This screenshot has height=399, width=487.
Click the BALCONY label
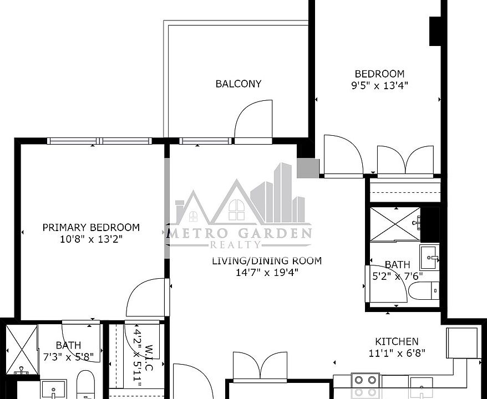point(239,84)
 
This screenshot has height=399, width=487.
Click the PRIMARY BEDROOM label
point(91,227)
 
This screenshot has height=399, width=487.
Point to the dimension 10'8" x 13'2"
point(91,239)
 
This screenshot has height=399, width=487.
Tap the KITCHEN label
point(397,341)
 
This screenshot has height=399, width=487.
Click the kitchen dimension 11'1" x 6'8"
point(397,352)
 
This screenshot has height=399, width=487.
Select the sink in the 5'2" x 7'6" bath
point(429,256)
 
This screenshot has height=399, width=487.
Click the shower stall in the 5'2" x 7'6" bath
point(395,224)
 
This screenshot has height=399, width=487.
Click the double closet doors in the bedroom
point(405,160)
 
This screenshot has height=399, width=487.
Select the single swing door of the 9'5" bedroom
point(342,156)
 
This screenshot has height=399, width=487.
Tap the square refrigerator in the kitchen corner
point(462,343)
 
